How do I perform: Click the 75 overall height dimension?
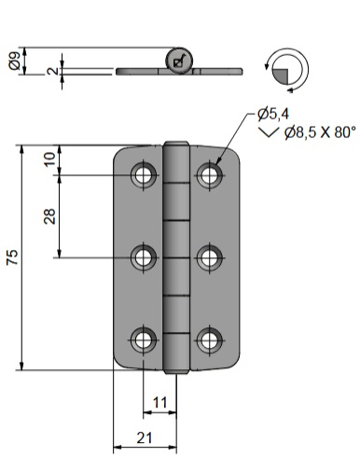pos(13,257)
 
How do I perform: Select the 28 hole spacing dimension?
pos(49,216)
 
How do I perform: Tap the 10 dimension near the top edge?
pos(49,159)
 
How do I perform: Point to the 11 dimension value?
pos(160,403)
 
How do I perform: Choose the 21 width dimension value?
pos(145,438)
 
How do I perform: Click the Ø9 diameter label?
pos(15,61)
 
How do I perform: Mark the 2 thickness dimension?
pos(53,71)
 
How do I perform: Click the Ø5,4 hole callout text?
pos(273,114)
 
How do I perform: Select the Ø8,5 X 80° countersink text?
pos(320,132)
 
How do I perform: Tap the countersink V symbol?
pos(268,132)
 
